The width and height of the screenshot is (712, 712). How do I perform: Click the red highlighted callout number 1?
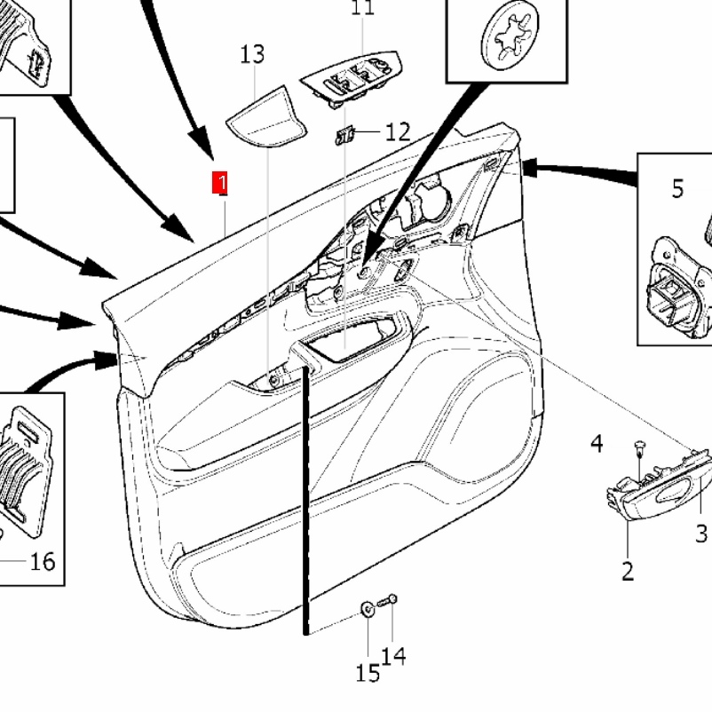(221, 184)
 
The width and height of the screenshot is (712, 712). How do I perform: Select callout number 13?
(252, 54)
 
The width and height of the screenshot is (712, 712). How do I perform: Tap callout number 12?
(397, 132)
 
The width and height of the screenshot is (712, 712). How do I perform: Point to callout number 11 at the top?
(362, 8)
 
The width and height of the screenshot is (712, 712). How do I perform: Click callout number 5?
(677, 188)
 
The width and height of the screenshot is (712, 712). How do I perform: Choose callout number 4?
(597, 442)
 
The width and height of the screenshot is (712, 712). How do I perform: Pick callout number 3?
(701, 533)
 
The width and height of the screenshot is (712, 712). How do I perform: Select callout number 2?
(628, 570)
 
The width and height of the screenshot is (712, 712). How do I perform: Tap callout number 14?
(394, 655)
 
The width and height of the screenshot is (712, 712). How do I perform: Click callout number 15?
(368, 673)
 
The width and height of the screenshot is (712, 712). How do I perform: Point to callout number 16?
(43, 561)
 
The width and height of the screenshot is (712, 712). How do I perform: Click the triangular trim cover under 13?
(264, 115)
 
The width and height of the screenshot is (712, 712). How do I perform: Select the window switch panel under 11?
(350, 77)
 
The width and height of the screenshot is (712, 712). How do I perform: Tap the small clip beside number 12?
(345, 135)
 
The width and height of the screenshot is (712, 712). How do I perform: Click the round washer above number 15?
(368, 609)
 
